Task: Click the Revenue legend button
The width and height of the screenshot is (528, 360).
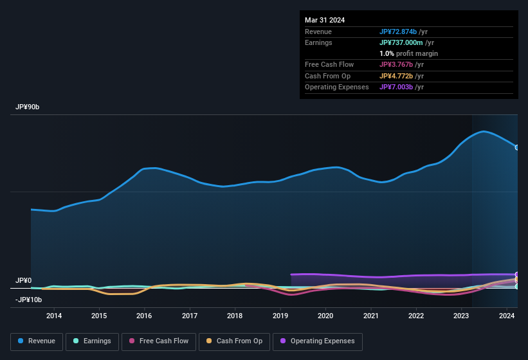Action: [37, 341]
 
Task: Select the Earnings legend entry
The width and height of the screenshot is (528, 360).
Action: [92, 341]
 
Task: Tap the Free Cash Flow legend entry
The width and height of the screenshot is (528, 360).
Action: [159, 341]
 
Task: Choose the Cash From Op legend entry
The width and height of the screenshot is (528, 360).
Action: [234, 341]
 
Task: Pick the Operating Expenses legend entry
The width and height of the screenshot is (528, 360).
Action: [318, 341]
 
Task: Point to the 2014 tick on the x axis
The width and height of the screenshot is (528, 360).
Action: [54, 316]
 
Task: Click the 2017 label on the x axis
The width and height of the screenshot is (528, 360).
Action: [190, 316]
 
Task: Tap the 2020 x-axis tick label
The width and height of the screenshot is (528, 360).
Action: [325, 316]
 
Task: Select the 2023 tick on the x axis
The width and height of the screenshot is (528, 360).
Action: [461, 316]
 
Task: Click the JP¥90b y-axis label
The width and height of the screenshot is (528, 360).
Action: [28, 107]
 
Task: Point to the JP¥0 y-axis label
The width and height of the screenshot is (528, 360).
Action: [24, 281]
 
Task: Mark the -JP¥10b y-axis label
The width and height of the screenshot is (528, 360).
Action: [28, 300]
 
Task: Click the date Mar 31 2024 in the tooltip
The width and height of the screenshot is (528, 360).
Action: [325, 20]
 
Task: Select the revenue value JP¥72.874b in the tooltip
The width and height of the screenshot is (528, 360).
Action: [402, 32]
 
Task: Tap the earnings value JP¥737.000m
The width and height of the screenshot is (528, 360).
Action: [405, 42]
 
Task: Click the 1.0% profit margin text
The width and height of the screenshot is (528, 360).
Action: [408, 53]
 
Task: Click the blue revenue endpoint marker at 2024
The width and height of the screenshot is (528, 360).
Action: [517, 147]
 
